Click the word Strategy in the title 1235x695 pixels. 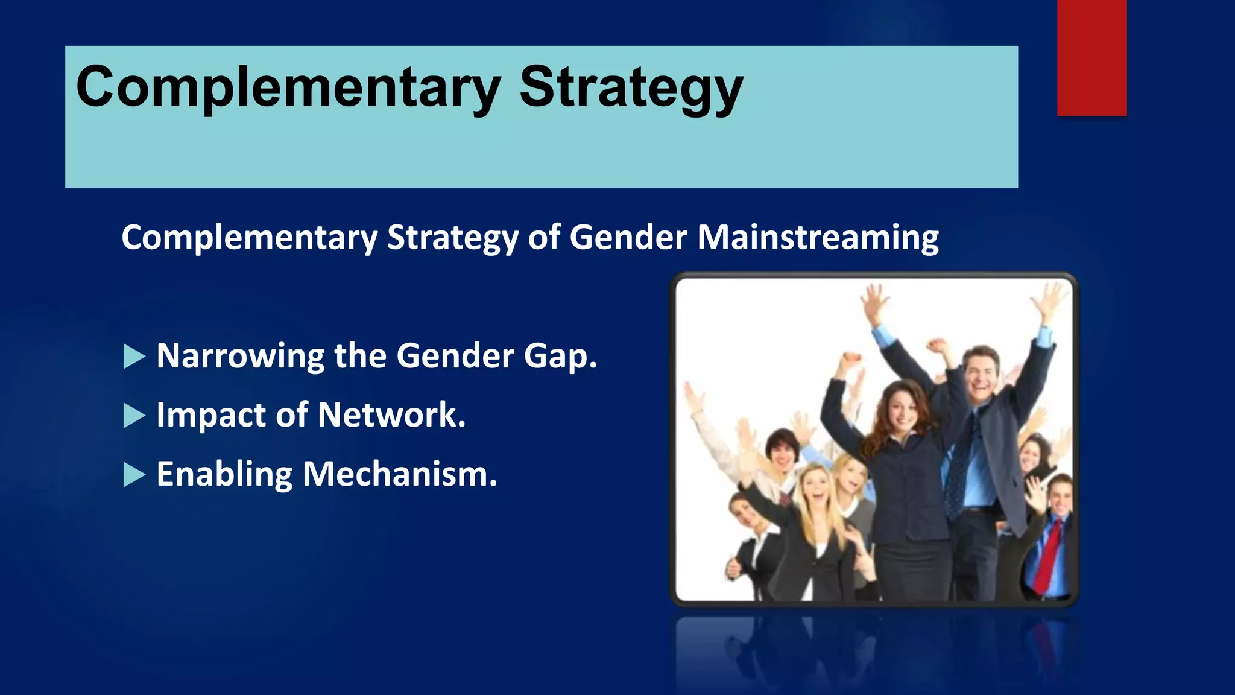coord(630,88)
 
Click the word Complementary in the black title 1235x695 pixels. coord(288,88)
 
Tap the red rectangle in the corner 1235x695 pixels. coord(1091,57)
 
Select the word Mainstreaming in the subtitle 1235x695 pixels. coord(818,237)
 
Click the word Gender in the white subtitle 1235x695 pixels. coord(628,237)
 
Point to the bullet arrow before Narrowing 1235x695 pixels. coord(133,357)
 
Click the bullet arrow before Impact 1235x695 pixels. coord(133,416)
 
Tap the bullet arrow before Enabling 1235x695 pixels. coord(133,475)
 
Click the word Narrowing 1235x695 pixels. coord(240,356)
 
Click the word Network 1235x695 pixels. coord(391,415)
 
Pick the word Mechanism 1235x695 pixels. coord(399,474)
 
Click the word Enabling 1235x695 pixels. coord(224,474)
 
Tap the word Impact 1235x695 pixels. coord(210,415)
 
